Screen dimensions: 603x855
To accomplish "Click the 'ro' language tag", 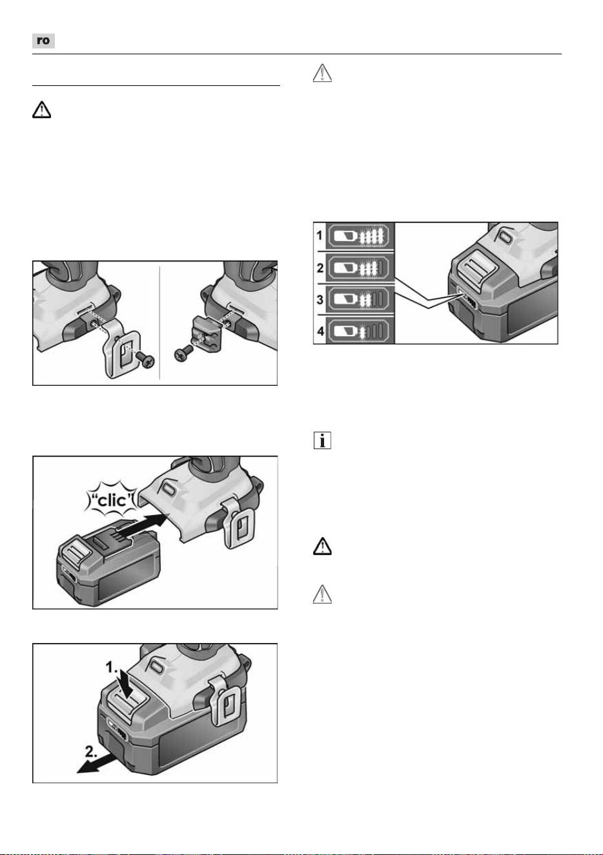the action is (43, 41).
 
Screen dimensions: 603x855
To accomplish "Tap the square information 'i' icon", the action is (322, 441).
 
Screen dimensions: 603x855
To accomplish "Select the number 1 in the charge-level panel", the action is (320, 235).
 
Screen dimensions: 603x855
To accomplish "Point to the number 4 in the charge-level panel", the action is (321, 330).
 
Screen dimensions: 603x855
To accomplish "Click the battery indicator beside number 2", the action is (358, 268).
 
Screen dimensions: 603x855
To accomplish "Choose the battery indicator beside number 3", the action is (358, 299).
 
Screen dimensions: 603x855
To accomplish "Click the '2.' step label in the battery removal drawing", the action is (91, 752).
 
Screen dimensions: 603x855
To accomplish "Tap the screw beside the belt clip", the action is (145, 359).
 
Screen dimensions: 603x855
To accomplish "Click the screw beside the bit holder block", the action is (183, 354).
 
